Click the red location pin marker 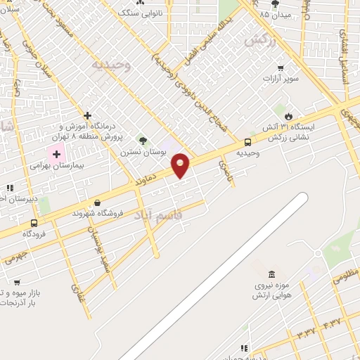pyautogui.click(x=181, y=165)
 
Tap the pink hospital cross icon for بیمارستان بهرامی pyautogui.click(x=56, y=153)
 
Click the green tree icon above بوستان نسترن pyautogui.click(x=144, y=140)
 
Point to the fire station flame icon pyautogui.click(x=288, y=116)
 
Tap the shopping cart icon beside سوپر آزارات pyautogui.click(x=281, y=68)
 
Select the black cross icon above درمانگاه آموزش pyautogui.click(x=87, y=115)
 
